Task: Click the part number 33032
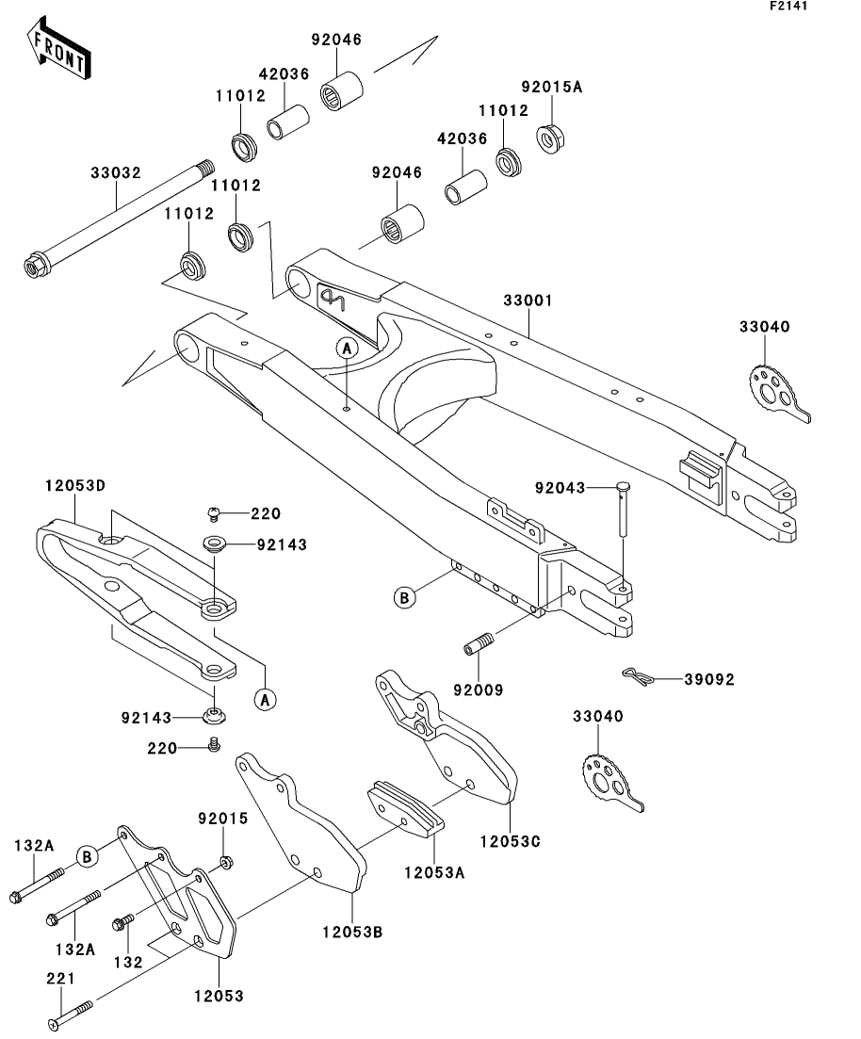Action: coord(116,173)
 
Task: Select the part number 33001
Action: coord(528,300)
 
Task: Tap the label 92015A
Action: coord(552,87)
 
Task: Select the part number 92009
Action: coord(478,690)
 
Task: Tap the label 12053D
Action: coord(74,485)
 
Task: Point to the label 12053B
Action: coord(351,932)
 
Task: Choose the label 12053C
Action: coord(509,839)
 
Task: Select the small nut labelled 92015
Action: coord(226,862)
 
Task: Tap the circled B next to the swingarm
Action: coord(404,596)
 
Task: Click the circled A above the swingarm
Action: coord(347,349)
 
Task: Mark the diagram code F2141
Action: coord(788,6)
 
